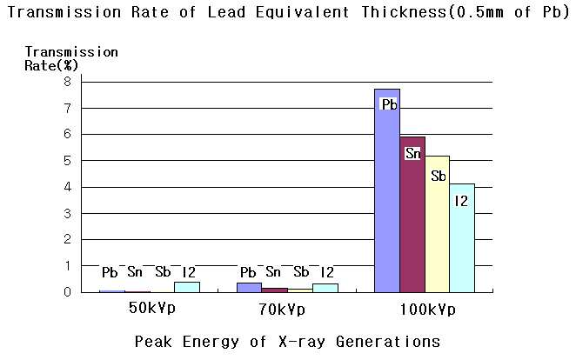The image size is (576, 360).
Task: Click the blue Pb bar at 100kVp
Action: coord(387,190)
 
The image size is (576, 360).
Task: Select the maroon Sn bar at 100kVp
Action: coord(412,215)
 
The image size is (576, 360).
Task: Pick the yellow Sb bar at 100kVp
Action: coord(438,224)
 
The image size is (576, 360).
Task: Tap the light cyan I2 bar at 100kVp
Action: coord(462,238)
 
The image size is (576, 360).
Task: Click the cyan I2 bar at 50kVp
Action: coord(187,287)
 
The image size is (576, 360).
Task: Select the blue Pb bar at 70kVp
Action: coord(249,287)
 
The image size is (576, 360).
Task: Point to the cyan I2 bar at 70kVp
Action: coord(325,288)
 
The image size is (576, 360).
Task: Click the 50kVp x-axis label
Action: coord(152,308)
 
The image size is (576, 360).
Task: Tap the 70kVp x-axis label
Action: coord(282,310)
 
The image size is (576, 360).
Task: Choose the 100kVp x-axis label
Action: coord(427,310)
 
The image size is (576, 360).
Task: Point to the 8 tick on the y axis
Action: coord(67,82)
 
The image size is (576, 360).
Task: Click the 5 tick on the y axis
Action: coord(67,160)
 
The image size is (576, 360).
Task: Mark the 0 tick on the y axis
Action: coord(67,292)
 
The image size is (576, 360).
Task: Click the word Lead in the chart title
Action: coord(226,12)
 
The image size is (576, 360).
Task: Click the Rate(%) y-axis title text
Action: coord(51,66)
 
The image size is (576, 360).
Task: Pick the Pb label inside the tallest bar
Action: coord(390,104)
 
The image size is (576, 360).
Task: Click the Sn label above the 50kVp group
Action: coord(135,272)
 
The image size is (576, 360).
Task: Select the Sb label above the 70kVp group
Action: coord(301,272)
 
